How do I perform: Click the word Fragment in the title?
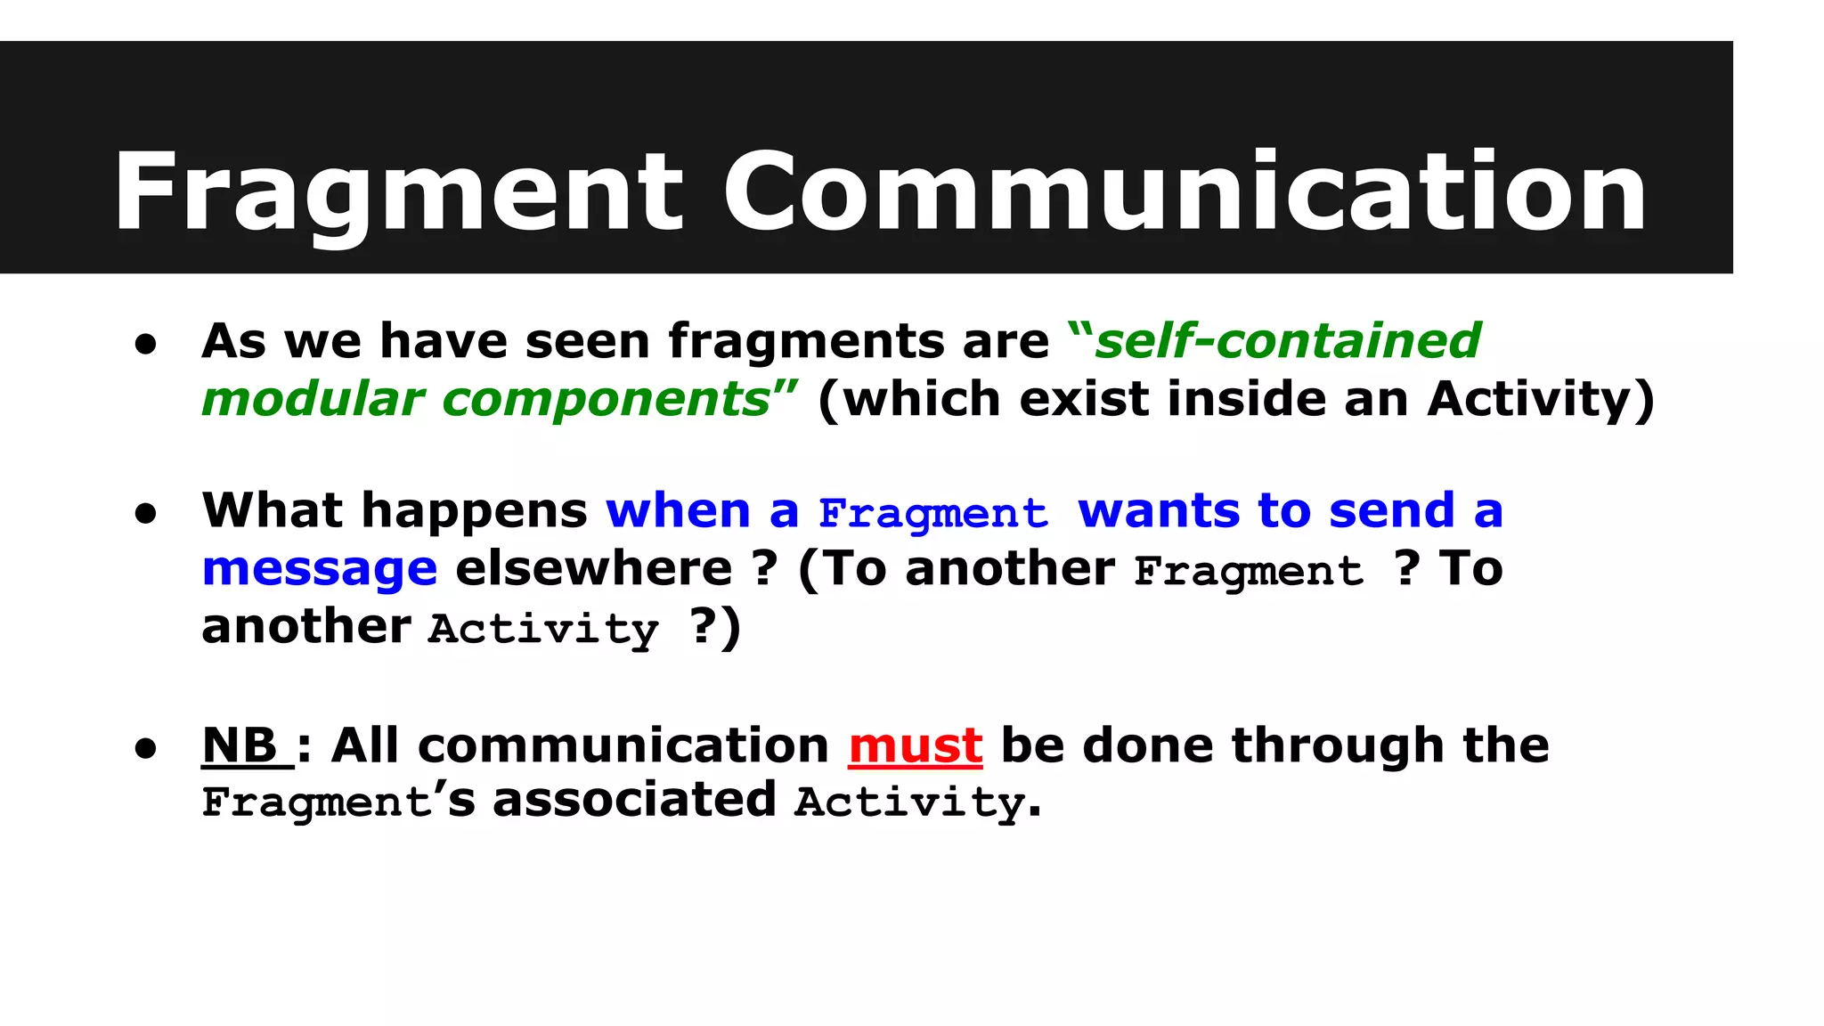(x=398, y=192)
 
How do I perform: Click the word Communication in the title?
(x=1185, y=192)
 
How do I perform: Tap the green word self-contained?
(x=1287, y=341)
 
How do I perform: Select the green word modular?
(x=313, y=399)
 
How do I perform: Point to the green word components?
(x=606, y=399)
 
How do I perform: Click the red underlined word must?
(x=916, y=745)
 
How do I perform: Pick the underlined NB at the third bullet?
(x=240, y=745)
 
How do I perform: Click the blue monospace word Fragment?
(x=932, y=514)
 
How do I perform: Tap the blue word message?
(x=320, y=569)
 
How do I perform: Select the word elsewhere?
(x=594, y=569)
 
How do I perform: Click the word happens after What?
(x=475, y=512)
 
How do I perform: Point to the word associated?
(x=634, y=799)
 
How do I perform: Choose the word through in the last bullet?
(x=1337, y=745)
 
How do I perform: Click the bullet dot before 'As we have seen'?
(x=146, y=345)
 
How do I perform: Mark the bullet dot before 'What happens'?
(x=146, y=514)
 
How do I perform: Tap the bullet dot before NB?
(x=146, y=748)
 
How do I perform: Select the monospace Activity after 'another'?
(x=543, y=629)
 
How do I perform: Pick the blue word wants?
(x=1159, y=512)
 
